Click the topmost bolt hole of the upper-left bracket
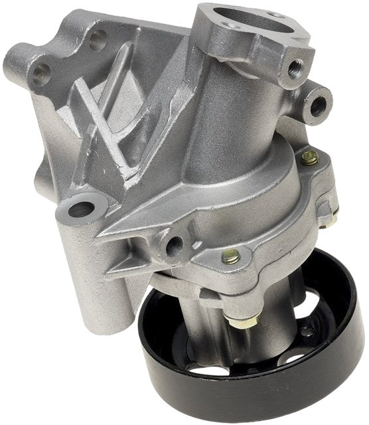click(98, 39)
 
